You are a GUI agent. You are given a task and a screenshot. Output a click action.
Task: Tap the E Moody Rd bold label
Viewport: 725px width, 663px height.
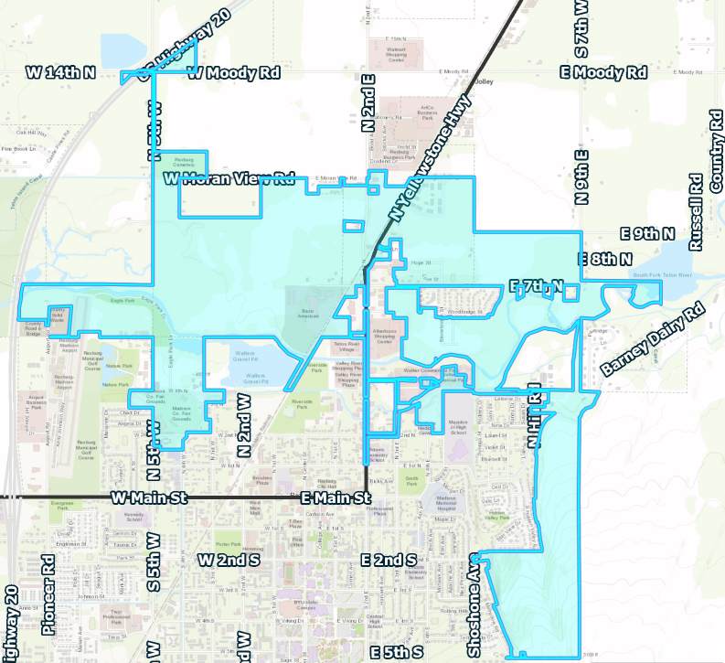point(603,72)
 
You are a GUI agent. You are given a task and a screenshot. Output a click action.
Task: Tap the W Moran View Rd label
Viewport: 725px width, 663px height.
point(229,178)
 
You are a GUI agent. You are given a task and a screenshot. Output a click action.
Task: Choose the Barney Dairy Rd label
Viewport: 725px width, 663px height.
point(655,339)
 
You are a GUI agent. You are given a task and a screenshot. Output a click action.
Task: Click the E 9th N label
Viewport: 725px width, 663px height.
point(647,234)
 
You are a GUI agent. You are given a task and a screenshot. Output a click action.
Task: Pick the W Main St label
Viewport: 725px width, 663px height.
point(148,497)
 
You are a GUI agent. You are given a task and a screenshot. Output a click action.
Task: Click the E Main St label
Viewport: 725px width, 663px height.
point(336,497)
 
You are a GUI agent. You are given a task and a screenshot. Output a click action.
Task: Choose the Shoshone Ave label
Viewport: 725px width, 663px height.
point(474,604)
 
